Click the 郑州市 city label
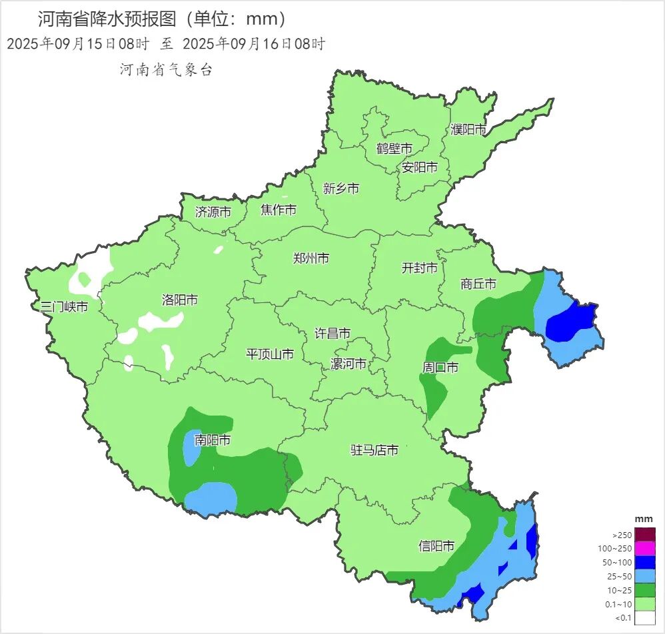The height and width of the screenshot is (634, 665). tap(311, 258)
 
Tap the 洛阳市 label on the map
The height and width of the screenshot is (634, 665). tap(180, 300)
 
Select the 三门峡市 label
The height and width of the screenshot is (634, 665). tap(64, 307)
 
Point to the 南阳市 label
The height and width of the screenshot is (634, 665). tap(213, 440)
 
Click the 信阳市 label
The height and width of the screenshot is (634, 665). tap(436, 546)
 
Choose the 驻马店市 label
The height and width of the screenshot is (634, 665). tap(374, 450)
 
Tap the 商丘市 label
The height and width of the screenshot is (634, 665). tap(478, 284)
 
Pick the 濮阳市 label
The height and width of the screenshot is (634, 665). tap(468, 129)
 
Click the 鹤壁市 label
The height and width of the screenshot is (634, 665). tap(394, 148)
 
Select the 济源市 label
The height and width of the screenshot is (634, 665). tap(213, 212)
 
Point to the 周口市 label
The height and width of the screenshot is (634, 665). tap(440, 367)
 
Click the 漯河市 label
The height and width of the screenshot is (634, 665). tap(348, 364)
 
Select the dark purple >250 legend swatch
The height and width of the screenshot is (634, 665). tap(644, 534)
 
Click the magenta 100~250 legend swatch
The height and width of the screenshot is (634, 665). tap(644, 548)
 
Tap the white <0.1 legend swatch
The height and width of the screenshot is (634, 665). tap(644, 617)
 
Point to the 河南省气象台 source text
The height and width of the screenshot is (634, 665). tap(166, 70)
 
